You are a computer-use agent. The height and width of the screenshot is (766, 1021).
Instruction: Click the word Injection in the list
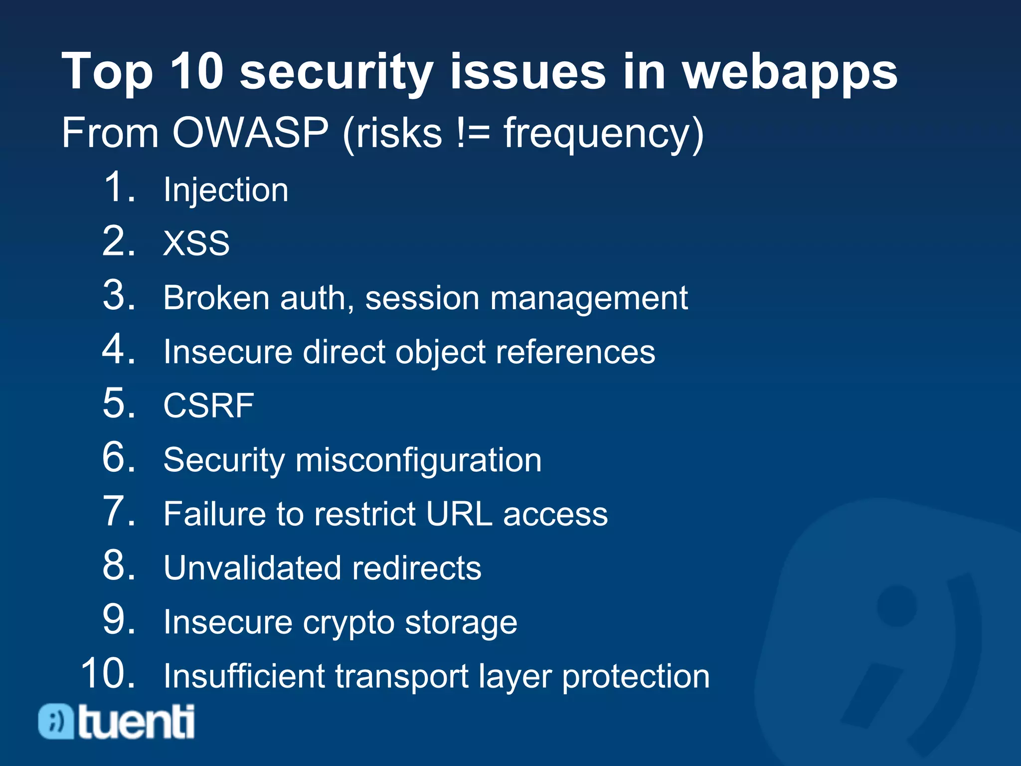226,191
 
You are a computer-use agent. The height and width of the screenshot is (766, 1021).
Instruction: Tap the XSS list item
196,243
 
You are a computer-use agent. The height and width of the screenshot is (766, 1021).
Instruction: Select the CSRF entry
208,405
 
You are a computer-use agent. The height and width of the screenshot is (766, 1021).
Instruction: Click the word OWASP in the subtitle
250,133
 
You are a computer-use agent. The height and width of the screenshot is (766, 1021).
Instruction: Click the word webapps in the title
790,73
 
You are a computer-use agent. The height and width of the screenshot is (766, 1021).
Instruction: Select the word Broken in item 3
216,298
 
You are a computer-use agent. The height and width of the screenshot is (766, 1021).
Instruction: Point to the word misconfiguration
418,460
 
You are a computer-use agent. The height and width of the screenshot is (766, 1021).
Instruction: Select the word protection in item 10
636,677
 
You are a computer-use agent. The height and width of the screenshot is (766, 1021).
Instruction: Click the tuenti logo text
136,722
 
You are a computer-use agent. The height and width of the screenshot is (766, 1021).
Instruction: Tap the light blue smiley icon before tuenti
56,722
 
